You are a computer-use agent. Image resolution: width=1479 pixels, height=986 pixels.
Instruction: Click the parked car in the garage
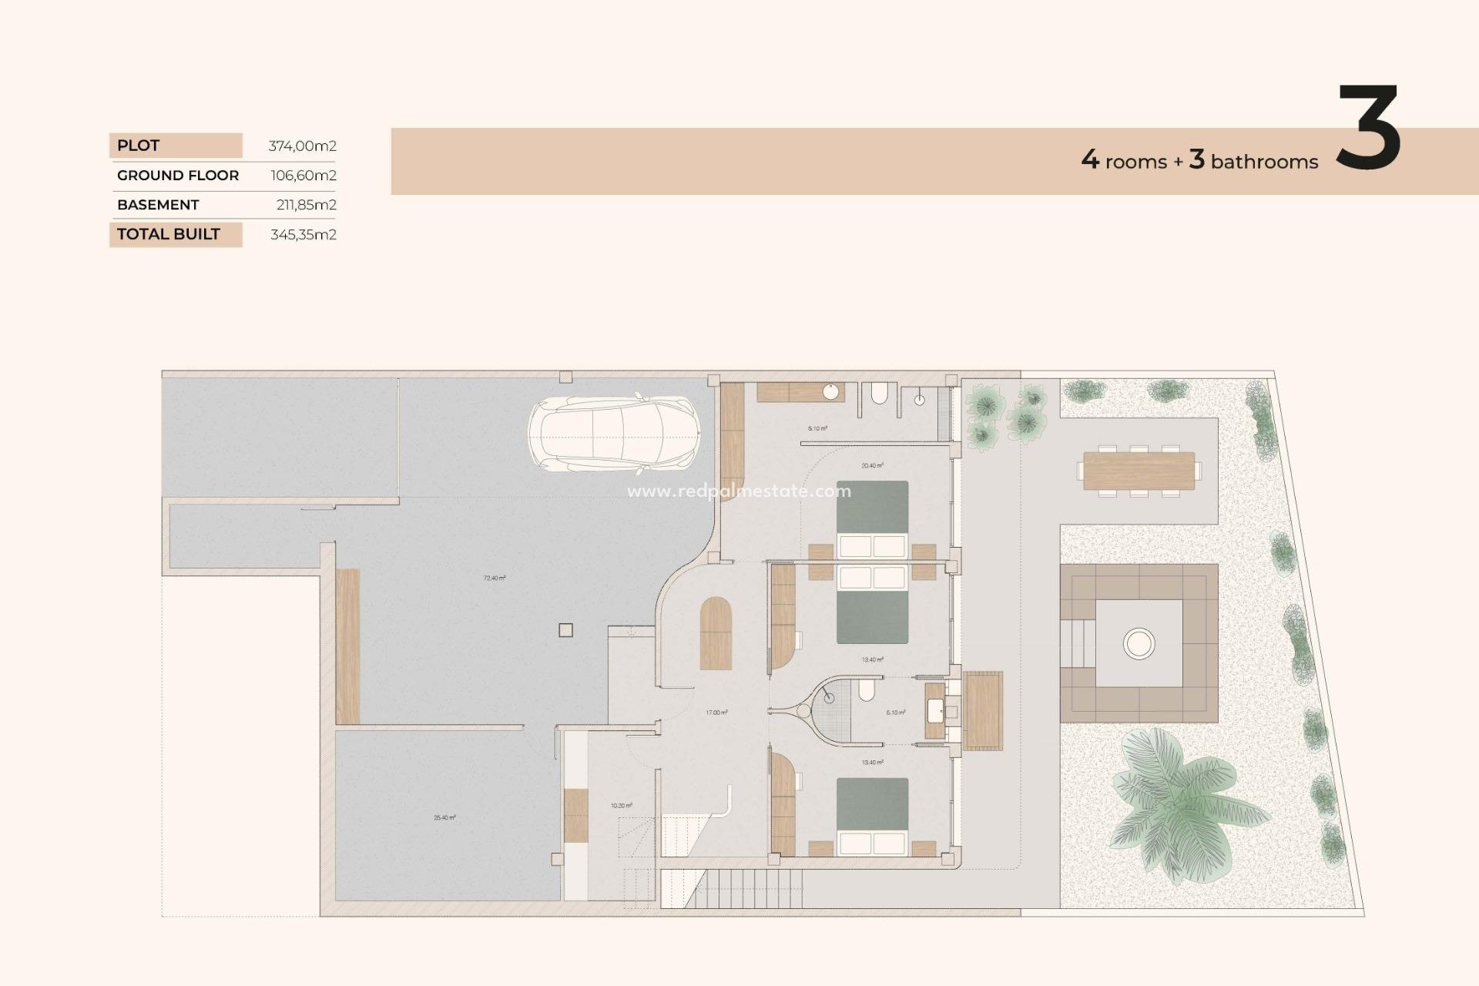point(614,434)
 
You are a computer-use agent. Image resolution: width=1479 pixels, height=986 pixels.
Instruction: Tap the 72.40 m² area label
point(495,578)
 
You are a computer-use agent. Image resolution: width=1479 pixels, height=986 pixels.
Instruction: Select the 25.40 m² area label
point(444,817)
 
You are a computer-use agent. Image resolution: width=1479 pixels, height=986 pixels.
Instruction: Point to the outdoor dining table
point(1139,471)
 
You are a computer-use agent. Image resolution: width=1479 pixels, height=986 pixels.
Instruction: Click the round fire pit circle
point(1139,642)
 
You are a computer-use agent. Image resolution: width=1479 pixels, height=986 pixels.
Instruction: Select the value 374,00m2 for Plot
point(302,146)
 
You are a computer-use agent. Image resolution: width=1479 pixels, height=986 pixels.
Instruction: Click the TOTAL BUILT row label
point(169,234)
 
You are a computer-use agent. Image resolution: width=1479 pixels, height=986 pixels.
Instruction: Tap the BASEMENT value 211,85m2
point(306,205)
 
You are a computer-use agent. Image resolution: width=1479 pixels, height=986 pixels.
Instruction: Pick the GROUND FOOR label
point(178,176)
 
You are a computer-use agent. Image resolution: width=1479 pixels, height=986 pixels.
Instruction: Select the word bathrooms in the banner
point(1264,162)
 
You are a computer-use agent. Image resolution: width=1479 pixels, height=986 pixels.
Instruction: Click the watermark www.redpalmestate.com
point(739,491)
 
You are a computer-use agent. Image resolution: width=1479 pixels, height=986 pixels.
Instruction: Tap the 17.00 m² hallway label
point(716,713)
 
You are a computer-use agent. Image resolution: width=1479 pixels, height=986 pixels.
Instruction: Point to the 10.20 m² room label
point(621,806)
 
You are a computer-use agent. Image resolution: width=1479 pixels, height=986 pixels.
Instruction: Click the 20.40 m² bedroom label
point(872,465)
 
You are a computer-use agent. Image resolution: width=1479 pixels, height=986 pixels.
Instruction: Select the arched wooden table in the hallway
point(716,633)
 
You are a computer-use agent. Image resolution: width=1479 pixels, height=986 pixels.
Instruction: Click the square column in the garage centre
point(565,630)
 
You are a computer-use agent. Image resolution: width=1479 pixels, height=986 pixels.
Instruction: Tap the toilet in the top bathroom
point(879,395)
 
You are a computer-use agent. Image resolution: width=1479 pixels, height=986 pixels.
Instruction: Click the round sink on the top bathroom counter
point(830,392)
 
